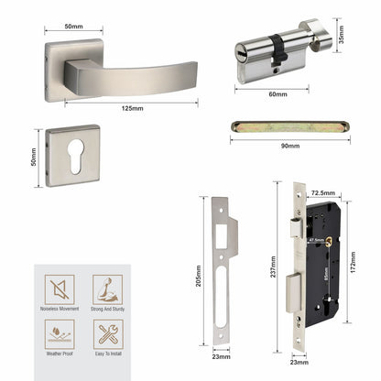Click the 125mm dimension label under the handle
(x=131, y=108)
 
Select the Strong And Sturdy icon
(x=106, y=290)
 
